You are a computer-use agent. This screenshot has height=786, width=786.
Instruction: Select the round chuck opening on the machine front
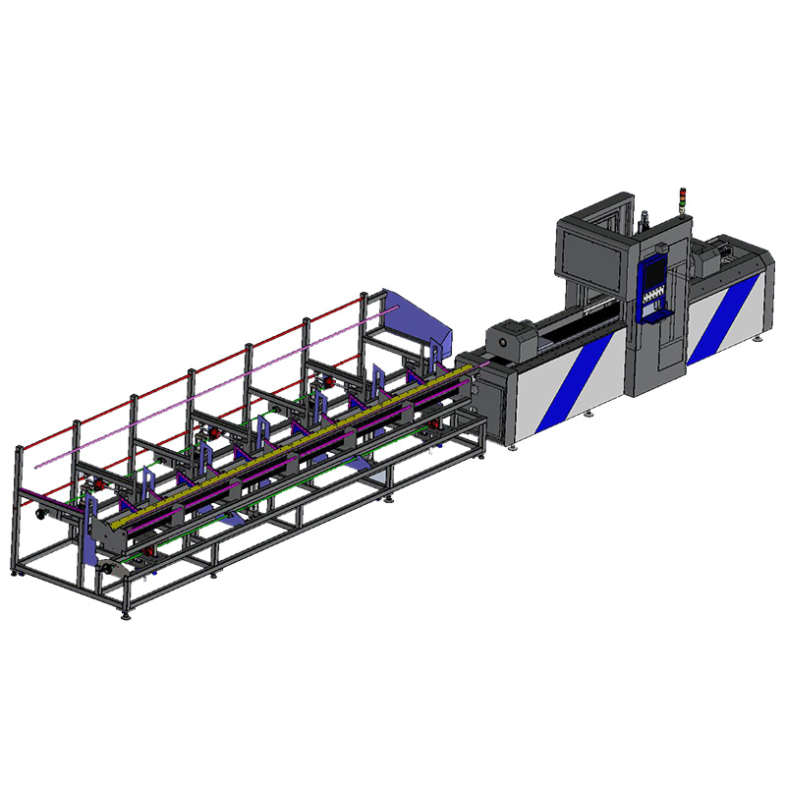click(508, 339)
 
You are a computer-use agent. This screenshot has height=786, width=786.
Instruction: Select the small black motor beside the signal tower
click(645, 221)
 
